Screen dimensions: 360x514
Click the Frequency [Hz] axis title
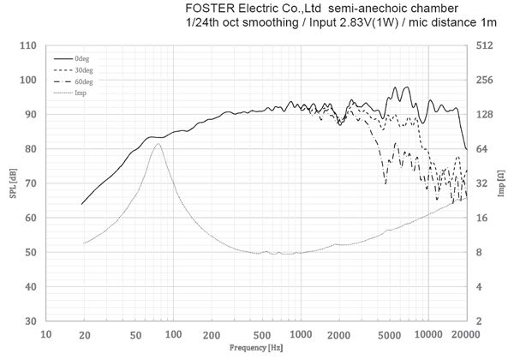(x=257, y=350)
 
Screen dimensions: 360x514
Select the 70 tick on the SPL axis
(x=31, y=183)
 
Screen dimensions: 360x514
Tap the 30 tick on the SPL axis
(x=31, y=321)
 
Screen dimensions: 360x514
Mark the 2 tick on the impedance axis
(x=481, y=321)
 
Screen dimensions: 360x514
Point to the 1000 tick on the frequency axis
(x=300, y=334)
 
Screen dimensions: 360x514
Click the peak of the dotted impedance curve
(x=158, y=143)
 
